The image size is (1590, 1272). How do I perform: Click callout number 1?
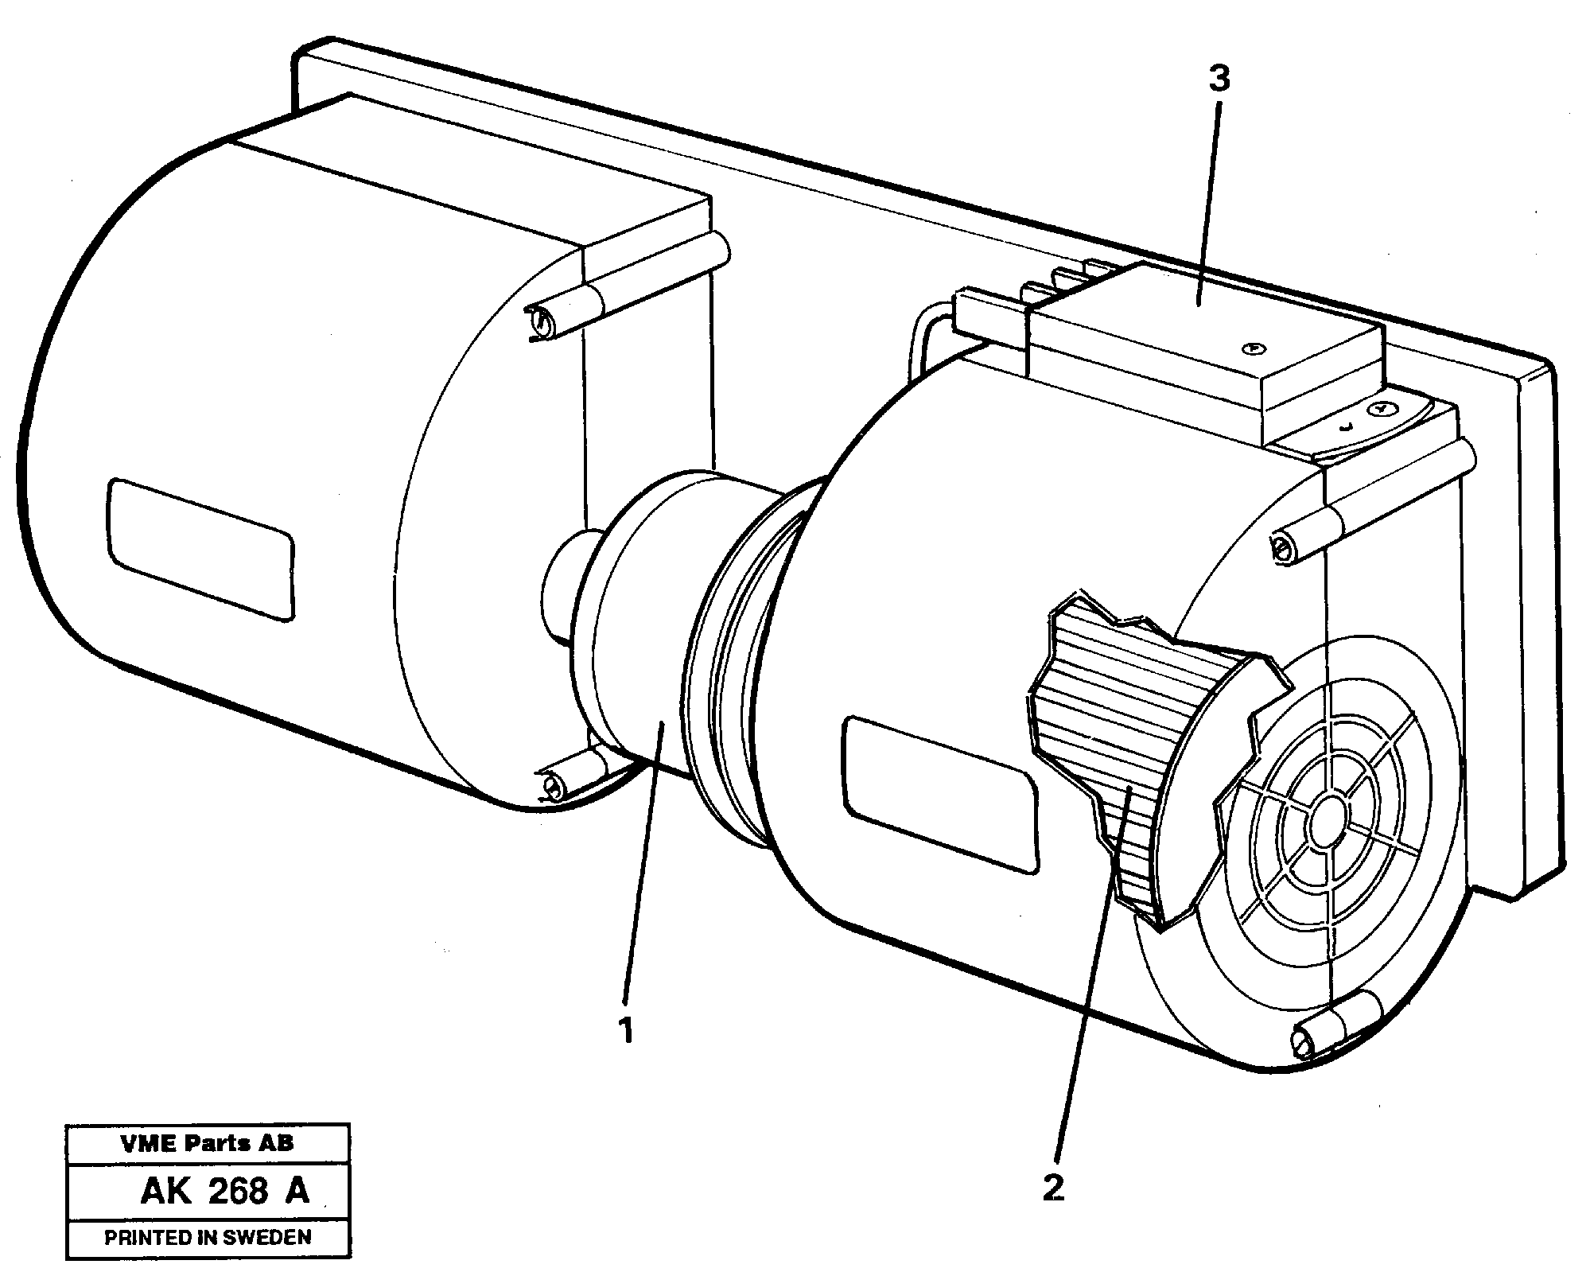tap(627, 1031)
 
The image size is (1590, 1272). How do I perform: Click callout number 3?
tap(1219, 79)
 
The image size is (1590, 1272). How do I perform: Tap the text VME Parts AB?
tap(207, 1144)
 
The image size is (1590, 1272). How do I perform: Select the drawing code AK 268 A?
tap(224, 1192)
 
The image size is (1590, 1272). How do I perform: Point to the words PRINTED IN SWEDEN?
tap(208, 1237)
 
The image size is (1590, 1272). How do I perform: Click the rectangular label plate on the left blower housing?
tap(201, 549)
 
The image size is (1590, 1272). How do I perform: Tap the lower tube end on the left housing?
tap(551, 787)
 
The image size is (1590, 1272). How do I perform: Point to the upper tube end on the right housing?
tap(1282, 550)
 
